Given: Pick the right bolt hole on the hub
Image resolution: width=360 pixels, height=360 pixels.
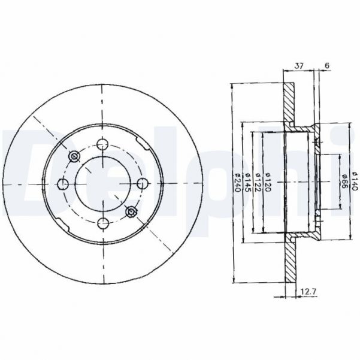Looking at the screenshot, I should (143, 183).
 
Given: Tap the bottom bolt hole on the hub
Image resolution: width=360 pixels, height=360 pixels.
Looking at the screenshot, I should (103, 223).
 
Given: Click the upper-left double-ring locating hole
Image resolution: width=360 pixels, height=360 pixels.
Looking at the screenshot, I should (74, 156).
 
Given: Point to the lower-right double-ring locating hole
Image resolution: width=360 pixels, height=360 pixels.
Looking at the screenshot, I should (132, 210).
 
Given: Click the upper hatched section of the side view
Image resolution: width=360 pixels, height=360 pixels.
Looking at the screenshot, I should (289, 102).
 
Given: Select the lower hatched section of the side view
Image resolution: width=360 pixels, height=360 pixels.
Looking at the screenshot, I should (289, 261).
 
